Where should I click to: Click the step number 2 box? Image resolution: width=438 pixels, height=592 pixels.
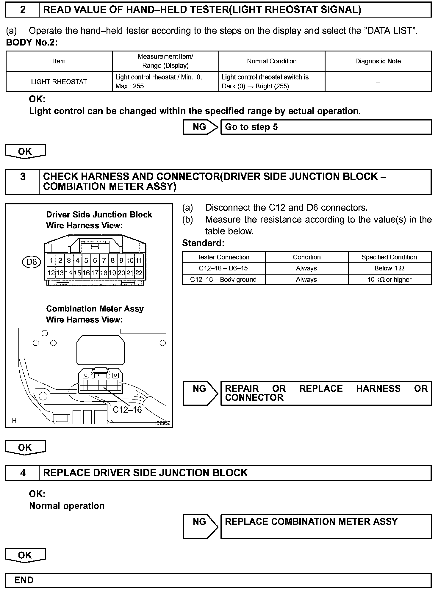point(23,10)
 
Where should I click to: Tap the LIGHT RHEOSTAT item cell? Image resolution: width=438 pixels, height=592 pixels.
point(59,82)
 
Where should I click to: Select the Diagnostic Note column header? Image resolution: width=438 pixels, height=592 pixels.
point(378,61)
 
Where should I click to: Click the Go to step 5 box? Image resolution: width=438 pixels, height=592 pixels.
point(326,127)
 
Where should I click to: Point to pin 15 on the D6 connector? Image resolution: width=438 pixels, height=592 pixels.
point(77,273)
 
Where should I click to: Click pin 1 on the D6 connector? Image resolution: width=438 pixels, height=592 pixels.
point(51,261)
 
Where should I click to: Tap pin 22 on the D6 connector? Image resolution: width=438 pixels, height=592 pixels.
point(139,273)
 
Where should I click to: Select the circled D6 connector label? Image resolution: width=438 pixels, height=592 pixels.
point(32,262)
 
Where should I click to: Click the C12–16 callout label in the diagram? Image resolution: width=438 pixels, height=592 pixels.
point(127,410)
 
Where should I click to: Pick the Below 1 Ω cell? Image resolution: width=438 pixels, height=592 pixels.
point(389,268)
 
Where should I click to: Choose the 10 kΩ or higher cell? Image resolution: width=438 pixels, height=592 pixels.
point(389,280)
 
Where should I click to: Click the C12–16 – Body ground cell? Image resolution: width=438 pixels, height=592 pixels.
point(223,280)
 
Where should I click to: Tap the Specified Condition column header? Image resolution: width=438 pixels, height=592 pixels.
point(389,257)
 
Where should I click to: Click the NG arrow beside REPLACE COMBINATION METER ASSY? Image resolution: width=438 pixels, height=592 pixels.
point(201,527)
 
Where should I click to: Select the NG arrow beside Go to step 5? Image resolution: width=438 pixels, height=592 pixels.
point(201,127)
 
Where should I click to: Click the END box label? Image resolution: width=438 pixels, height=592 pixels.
point(24,580)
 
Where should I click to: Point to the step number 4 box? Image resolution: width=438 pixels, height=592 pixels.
point(23,473)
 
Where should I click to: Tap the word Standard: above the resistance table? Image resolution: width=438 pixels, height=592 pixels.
point(203,243)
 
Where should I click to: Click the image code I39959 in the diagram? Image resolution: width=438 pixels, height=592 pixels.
point(162,423)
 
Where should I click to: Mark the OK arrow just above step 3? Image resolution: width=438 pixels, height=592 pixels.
point(25,152)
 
